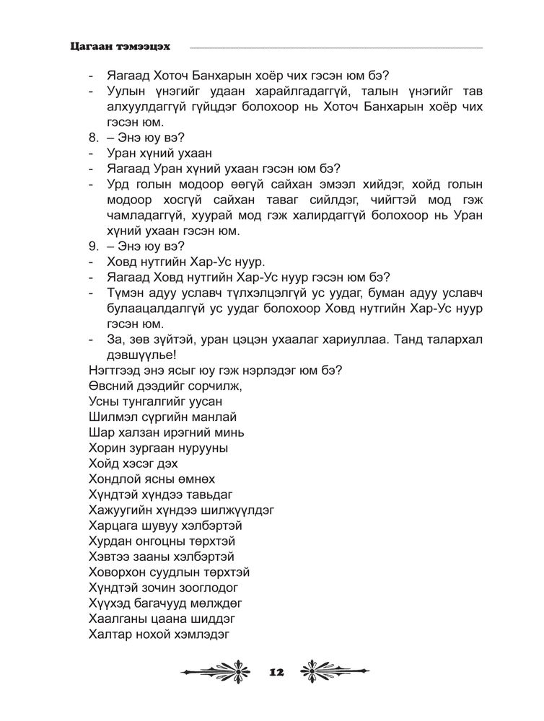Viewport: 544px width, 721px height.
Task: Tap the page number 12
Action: tap(276, 671)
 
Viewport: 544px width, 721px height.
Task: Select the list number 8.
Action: tap(92, 139)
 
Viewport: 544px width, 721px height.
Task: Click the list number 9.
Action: tap(92, 247)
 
